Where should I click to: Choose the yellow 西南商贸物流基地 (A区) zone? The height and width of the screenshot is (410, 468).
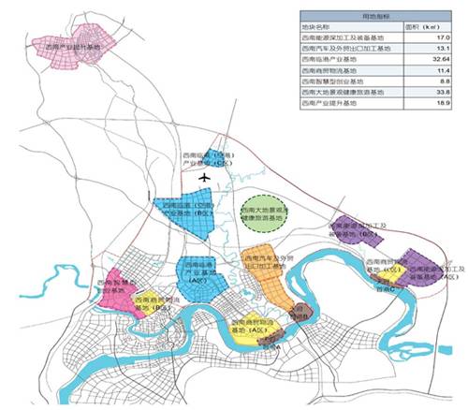(251, 332)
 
